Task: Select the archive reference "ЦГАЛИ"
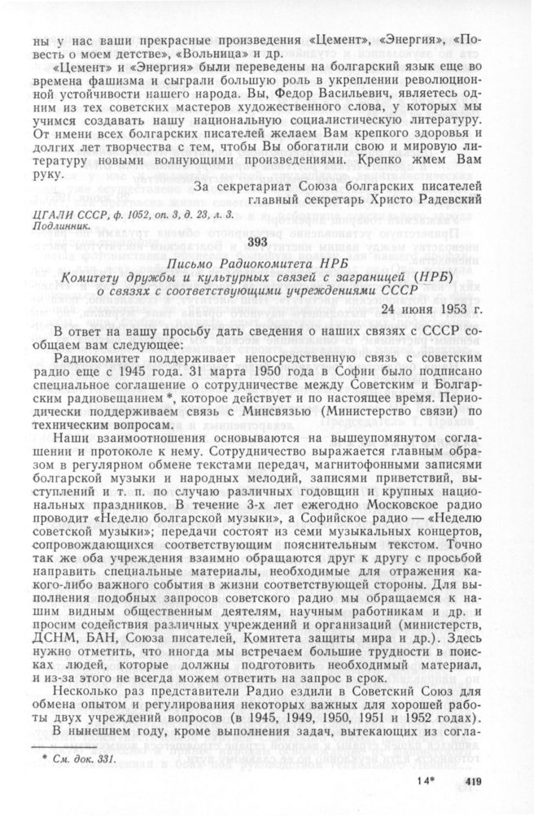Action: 49,215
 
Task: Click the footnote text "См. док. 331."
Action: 85,759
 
